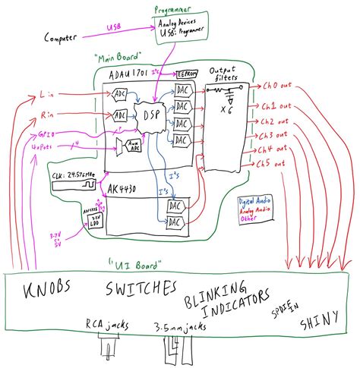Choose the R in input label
pyautogui.click(x=45, y=116)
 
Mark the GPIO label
pyautogui.click(x=47, y=134)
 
